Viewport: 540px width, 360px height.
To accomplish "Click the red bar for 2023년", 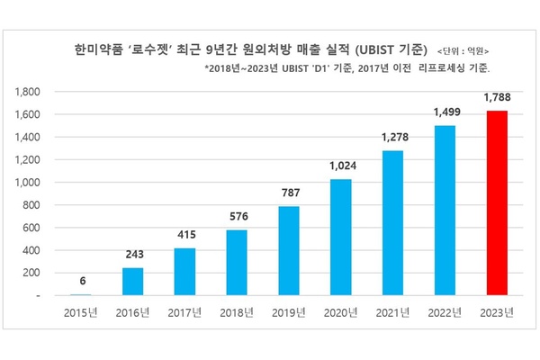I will pos(498,202).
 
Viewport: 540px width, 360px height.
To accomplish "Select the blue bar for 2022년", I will pos(445,210).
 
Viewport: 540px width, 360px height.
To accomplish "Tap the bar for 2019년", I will pos(289,250).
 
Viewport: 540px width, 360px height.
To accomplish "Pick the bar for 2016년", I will pos(133,281).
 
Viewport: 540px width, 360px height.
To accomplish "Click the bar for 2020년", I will pos(341,237).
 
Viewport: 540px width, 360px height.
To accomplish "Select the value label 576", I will pos(238,216).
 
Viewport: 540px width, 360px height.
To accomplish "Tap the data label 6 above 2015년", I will pos(81,281).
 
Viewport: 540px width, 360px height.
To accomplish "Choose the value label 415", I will pos(185,234).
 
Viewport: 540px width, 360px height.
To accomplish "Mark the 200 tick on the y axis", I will pos(37,273).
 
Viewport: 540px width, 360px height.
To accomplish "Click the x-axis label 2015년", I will pos(81,313).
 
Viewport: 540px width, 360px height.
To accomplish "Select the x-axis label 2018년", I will pos(238,313).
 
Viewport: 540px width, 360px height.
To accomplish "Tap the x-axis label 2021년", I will pos(393,313).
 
